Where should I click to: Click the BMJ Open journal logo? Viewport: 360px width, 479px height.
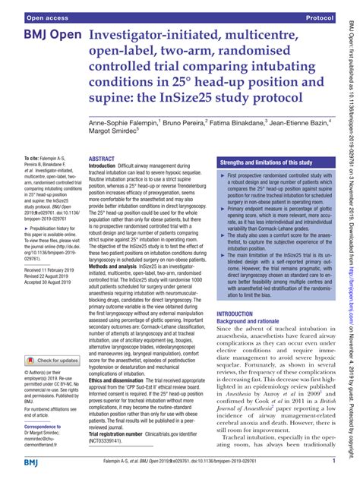(x=45, y=36)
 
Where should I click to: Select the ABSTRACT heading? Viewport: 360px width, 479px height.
(x=103, y=137)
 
